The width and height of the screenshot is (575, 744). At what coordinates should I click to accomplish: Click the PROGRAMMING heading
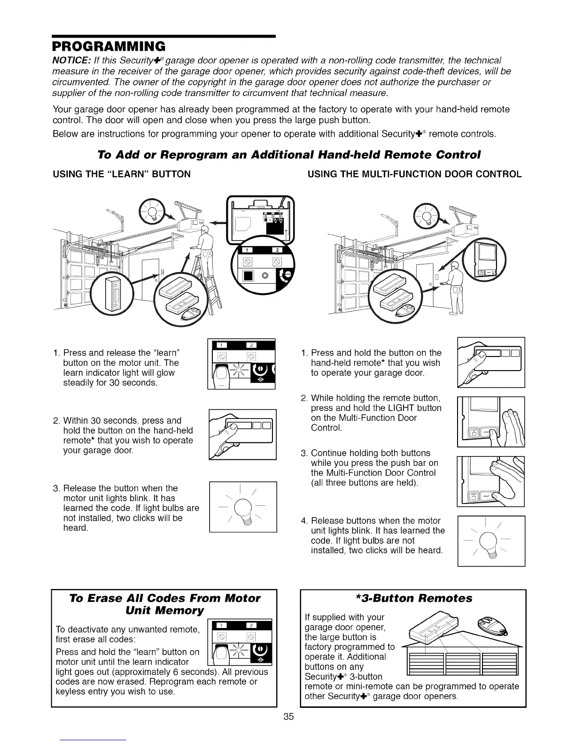(108, 46)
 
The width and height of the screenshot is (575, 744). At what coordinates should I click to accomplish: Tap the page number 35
(288, 716)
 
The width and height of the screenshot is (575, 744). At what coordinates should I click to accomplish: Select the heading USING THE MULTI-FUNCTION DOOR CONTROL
(414, 174)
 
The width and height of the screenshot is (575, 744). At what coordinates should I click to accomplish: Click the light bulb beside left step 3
(243, 507)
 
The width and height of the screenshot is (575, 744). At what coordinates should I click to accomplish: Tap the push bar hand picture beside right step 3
(490, 481)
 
